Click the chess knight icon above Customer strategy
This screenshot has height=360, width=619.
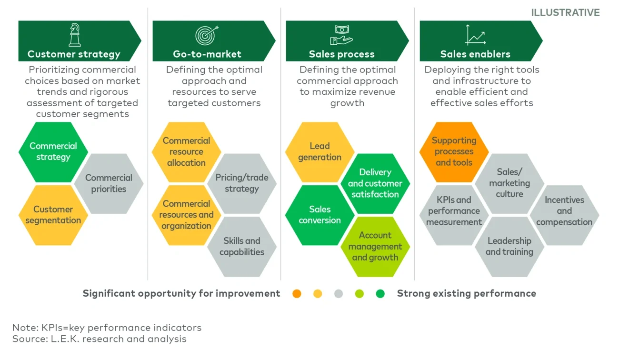75,35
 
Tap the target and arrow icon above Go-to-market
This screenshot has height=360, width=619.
207,35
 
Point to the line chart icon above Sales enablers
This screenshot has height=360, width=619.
475,35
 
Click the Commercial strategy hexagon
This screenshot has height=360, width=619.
53,152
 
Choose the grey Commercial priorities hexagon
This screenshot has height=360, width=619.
109,183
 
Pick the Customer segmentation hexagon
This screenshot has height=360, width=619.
53,215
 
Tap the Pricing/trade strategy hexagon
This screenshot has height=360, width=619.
241,183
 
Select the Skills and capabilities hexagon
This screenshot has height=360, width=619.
241,246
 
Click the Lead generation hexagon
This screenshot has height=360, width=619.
319,152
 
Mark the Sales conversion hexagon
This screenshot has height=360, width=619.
319,215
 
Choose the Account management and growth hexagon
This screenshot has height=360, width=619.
375,246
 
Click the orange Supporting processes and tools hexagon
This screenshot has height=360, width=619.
454,152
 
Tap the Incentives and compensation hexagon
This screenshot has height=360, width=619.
564,211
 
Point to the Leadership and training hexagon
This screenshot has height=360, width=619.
509,246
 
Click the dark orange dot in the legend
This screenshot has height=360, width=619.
297,294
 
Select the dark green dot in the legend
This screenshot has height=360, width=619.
380,294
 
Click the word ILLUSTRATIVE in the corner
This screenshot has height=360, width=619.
565,13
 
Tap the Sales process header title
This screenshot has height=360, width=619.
341,54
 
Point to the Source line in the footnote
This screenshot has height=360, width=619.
100,339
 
